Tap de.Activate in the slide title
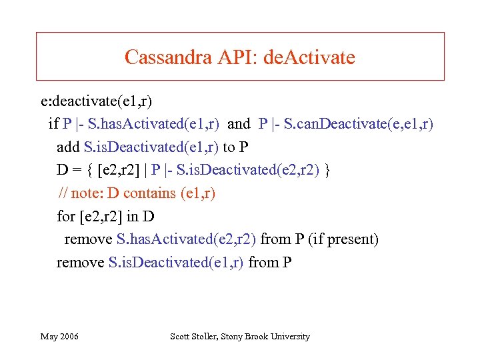pos(309,57)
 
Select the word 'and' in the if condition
pos(239,124)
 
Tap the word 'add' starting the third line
pos(68,147)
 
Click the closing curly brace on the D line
pos(327,170)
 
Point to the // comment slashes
pos(63,193)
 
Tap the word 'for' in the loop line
pos(66,216)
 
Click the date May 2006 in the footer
pos(59,337)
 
